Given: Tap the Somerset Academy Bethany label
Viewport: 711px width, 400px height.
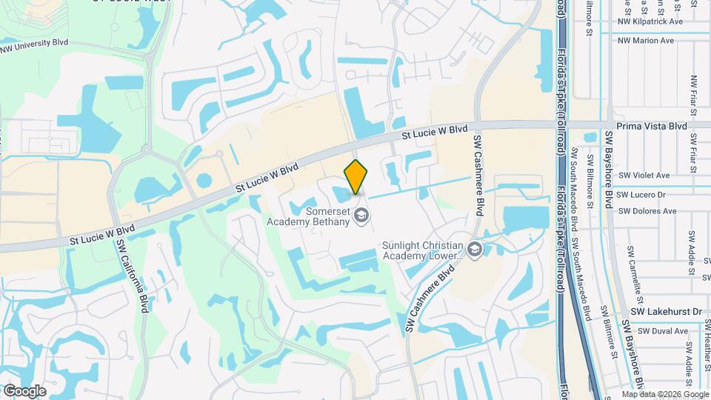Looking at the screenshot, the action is tap(310, 216).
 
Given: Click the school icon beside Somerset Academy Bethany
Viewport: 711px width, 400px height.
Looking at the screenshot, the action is tap(362, 216).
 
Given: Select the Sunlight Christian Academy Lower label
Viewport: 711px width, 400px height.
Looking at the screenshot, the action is tap(422, 250).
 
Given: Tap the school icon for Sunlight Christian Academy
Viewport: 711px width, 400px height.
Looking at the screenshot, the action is tap(475, 250).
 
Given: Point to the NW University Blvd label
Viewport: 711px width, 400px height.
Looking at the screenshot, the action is tap(34, 46).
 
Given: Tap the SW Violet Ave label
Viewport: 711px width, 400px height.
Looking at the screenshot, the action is tap(642, 176).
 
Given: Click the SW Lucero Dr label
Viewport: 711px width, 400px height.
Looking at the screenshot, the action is tap(641, 195).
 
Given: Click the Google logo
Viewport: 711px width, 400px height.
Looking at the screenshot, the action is tap(24, 390).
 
